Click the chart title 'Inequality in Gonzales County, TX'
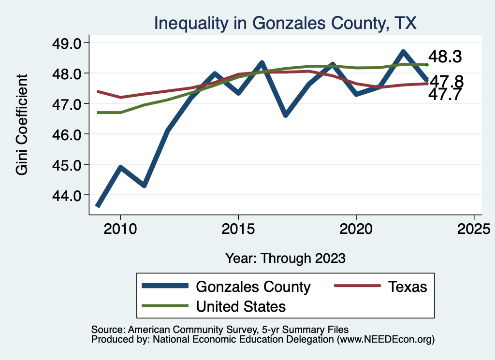coord(285,23)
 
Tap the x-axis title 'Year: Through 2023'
coord(285,258)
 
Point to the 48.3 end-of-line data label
coord(446,57)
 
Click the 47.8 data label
coord(447,81)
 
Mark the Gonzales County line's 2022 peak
coord(403,52)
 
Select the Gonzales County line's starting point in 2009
coord(98,205)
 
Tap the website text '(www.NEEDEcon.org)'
coord(385,340)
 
